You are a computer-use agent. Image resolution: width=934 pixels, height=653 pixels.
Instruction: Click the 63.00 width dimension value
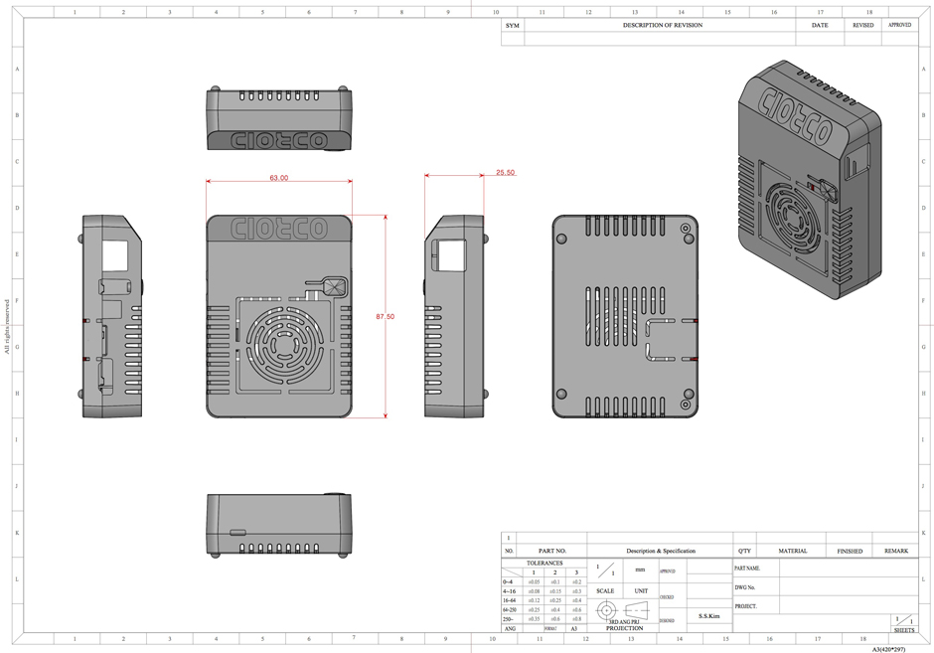click(279, 178)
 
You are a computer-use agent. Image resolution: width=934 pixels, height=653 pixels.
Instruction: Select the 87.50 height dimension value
click(385, 316)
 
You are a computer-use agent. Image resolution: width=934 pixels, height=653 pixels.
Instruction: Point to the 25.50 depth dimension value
click(505, 172)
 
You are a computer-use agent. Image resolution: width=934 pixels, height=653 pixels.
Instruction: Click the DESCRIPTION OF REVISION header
click(662, 25)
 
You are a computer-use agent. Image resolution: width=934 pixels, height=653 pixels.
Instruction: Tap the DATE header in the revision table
click(819, 25)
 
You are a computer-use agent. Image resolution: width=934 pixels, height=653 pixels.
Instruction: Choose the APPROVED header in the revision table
click(899, 25)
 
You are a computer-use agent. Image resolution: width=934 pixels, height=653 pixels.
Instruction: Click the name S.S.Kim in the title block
click(709, 616)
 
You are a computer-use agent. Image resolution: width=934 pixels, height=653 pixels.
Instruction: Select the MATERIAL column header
click(792, 551)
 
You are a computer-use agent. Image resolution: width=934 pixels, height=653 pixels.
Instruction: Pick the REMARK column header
click(896, 551)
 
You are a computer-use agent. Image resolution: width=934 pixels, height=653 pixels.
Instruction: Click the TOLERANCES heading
click(544, 563)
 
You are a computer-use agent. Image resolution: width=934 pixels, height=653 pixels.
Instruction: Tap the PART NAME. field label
click(747, 569)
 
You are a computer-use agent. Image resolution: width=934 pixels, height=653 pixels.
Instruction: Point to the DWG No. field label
click(745, 587)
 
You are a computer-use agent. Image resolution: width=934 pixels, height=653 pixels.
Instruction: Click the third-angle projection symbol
click(624, 610)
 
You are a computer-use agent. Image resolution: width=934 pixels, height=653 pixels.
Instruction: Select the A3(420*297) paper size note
click(888, 648)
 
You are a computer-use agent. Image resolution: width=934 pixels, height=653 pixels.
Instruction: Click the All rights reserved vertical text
click(7, 326)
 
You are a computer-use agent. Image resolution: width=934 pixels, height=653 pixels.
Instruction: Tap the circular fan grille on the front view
click(279, 345)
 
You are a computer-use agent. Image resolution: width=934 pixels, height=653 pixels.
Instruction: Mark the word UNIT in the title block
click(641, 591)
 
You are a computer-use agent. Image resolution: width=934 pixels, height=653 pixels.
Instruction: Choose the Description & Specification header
click(661, 551)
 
